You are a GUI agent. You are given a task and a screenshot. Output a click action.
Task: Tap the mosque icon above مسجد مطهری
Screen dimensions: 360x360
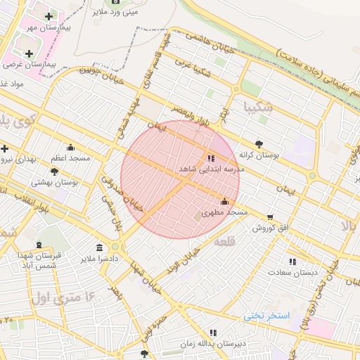coord(224,201)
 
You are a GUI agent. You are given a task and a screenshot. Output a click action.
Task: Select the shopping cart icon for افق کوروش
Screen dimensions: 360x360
coord(271,217)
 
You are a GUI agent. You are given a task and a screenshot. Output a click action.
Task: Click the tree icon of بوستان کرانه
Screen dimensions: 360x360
coord(259,143)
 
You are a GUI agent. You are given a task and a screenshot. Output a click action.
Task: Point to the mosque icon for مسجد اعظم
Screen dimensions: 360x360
coord(70,148)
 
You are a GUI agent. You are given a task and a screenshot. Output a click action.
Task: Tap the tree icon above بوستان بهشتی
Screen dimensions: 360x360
coord(54,172)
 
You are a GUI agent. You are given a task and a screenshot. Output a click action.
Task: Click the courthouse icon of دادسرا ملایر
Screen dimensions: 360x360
coord(99,247)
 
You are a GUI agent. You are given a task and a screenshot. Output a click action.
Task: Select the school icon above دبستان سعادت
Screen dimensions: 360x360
coord(292,262)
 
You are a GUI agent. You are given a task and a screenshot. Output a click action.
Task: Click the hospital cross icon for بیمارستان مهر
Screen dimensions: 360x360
coord(48,16)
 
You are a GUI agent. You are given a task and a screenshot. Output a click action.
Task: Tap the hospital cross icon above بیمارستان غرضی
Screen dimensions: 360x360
coord(29,53)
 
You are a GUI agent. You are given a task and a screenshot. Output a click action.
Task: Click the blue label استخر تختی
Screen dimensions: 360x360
coord(266,316)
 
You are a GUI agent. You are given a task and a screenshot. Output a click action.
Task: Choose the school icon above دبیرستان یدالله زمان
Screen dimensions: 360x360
coord(212,333)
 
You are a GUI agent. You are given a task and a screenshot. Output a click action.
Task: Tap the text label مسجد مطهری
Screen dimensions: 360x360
coord(225,212)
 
